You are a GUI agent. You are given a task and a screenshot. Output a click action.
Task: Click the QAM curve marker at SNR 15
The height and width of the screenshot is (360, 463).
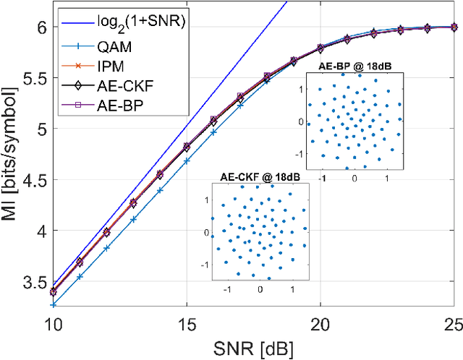187,160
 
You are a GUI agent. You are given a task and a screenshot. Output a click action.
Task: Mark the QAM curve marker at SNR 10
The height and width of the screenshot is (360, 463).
53,305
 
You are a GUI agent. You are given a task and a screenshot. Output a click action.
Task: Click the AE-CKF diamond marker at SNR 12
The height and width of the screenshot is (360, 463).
106,232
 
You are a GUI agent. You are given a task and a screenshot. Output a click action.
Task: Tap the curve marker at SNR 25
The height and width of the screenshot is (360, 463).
453,27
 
